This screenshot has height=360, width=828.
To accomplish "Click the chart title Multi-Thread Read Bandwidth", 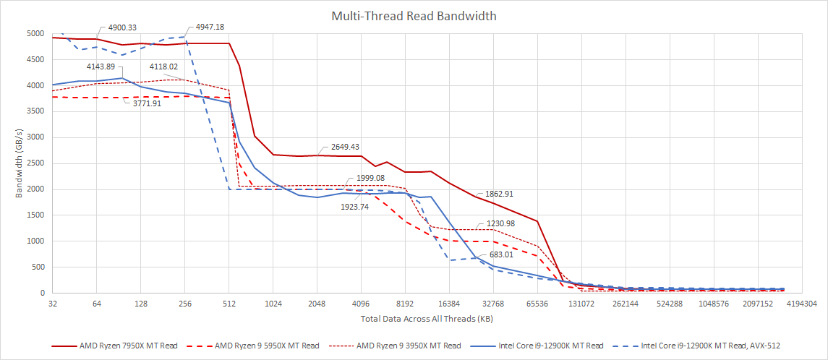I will tap(414, 15).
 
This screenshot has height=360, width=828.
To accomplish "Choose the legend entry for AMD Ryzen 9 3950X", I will tap(409, 346).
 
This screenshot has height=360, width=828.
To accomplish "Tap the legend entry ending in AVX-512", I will tap(709, 346).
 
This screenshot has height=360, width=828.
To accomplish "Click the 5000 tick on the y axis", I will tap(35, 33).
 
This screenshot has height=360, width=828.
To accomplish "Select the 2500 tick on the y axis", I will tap(35, 163).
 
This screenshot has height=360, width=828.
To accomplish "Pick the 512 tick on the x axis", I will tap(229, 305).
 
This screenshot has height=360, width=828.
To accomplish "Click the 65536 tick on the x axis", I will tap(537, 305).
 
